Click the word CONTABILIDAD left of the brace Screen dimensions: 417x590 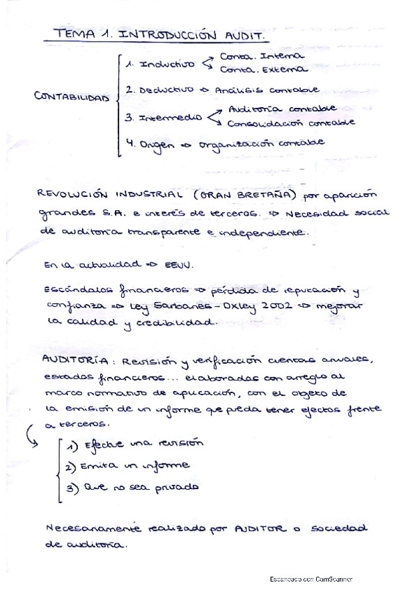click(x=72, y=97)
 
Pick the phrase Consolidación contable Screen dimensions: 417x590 click(x=292, y=123)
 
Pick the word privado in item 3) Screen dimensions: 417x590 click(x=177, y=487)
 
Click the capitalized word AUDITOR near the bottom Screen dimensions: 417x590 click(x=259, y=529)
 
